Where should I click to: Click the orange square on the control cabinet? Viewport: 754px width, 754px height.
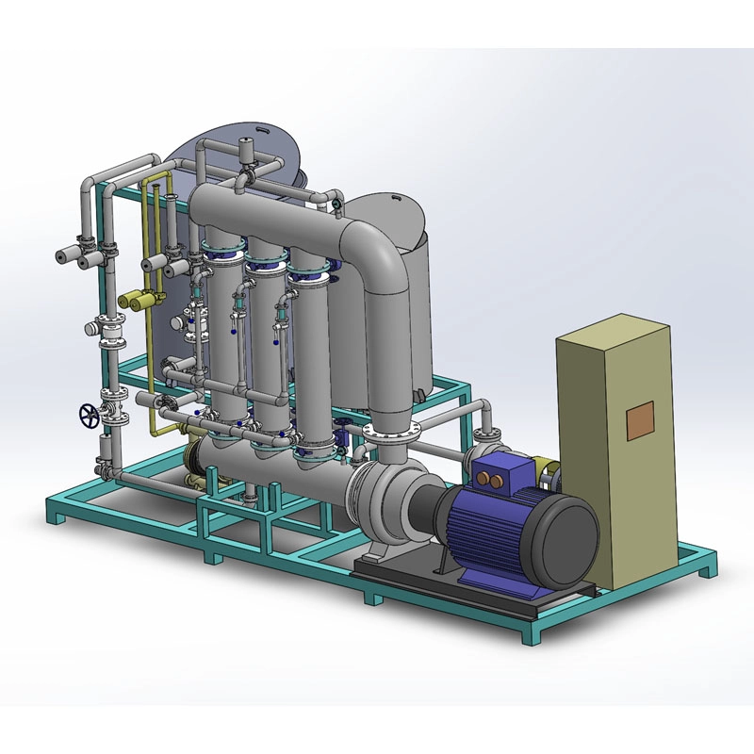pyautogui.click(x=640, y=418)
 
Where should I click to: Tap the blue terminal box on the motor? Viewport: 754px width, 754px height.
pyautogui.click(x=498, y=472)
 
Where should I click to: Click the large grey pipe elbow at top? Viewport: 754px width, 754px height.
pyautogui.click(x=377, y=254)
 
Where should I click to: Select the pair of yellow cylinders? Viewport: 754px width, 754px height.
pyautogui.click(x=138, y=301)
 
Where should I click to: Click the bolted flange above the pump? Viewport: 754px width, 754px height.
pyautogui.click(x=387, y=434)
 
